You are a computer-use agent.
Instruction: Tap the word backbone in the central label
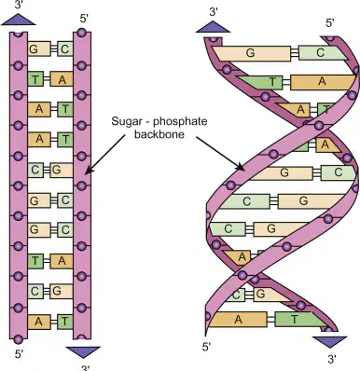(x=159, y=134)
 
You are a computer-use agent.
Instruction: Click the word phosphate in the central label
(x=180, y=121)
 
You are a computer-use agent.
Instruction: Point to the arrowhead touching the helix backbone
(x=241, y=167)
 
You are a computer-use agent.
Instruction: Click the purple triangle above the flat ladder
(x=19, y=21)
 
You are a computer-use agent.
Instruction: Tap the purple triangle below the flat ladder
(x=83, y=351)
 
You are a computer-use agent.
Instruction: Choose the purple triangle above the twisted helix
(x=213, y=27)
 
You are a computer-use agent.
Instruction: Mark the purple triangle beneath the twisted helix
(x=329, y=342)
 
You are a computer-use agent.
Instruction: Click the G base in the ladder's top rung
(x=39, y=48)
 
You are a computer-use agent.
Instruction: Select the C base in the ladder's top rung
(x=65, y=48)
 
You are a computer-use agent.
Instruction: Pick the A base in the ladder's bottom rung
(x=39, y=322)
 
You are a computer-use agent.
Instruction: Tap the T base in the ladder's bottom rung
(x=65, y=322)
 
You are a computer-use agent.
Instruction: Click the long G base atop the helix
(x=252, y=53)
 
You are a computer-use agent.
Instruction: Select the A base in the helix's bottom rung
(x=238, y=319)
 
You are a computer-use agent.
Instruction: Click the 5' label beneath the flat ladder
(x=19, y=354)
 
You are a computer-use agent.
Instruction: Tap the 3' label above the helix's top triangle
(x=214, y=12)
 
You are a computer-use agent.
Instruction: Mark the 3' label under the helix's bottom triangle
(x=332, y=359)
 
